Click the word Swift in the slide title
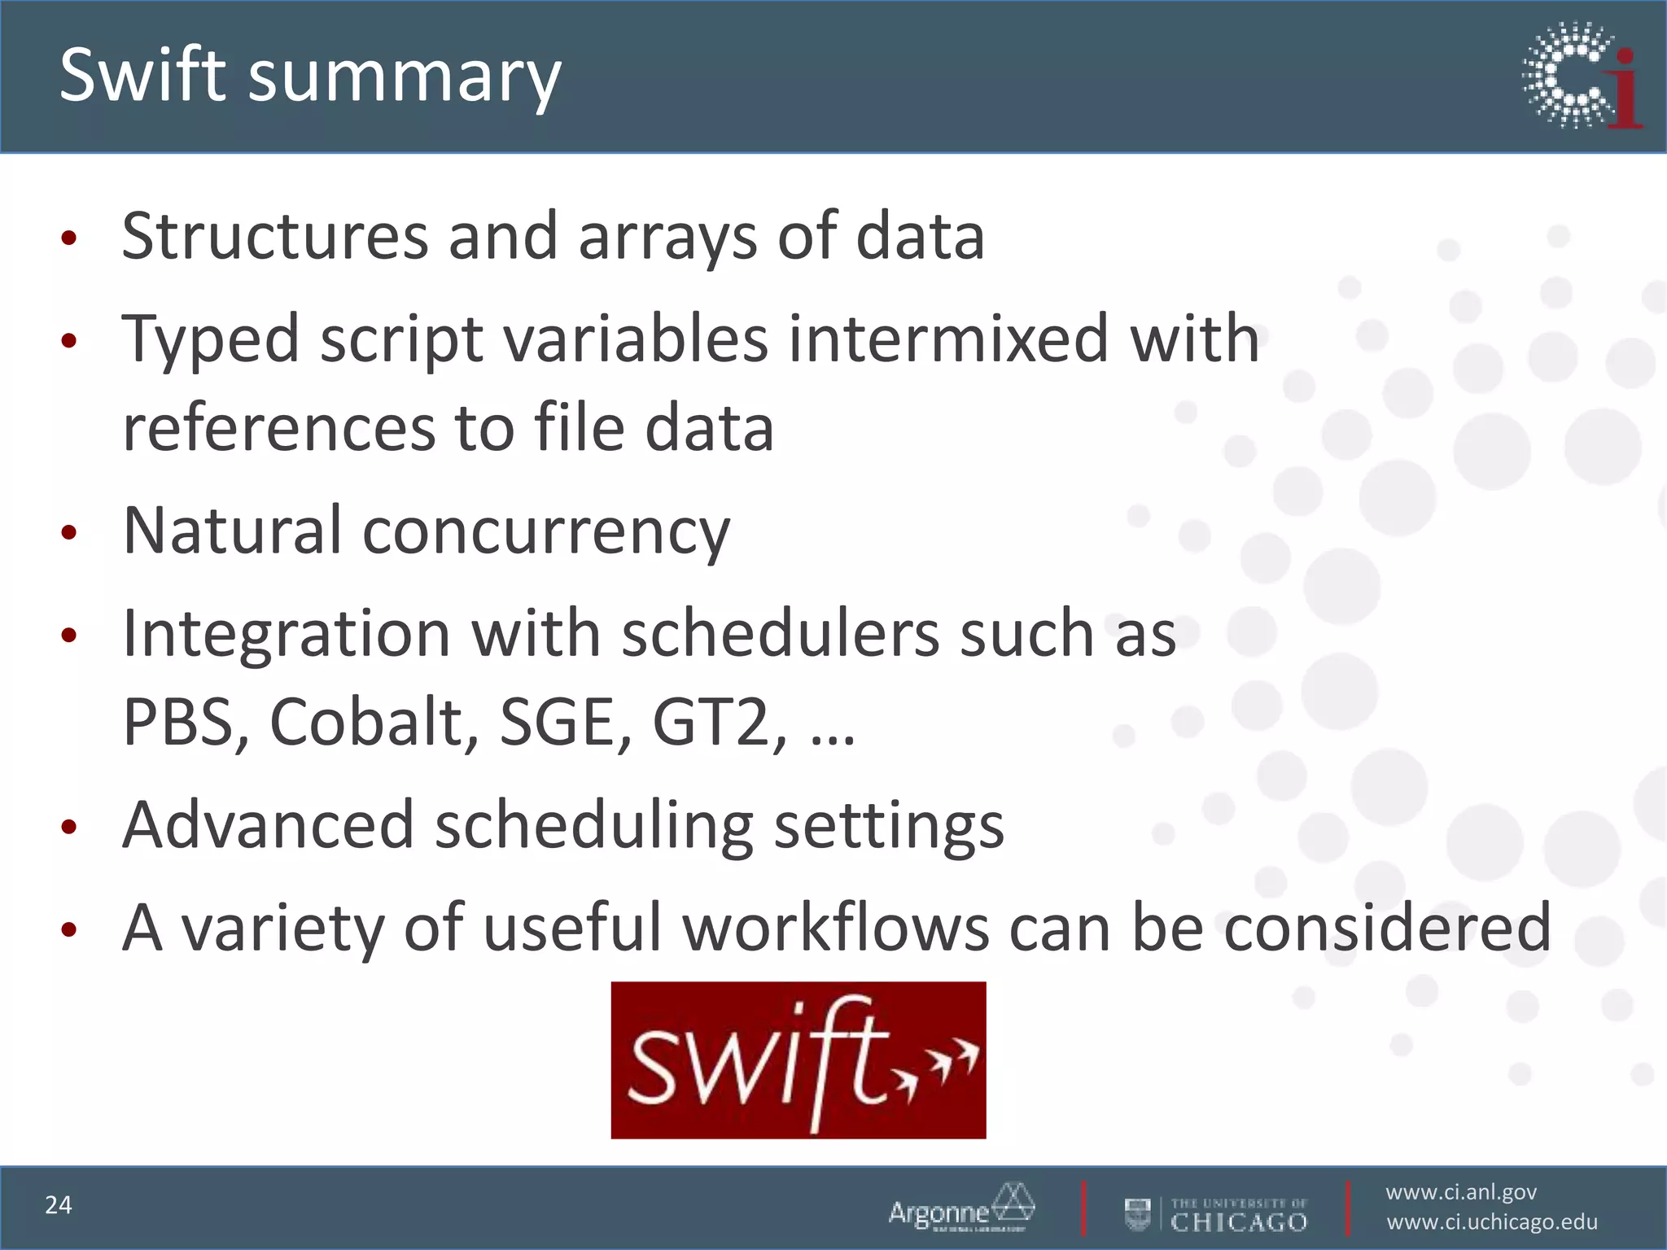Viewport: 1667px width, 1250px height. [x=142, y=75]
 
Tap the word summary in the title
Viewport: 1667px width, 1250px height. [x=404, y=78]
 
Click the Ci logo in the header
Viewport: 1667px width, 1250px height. [x=1582, y=76]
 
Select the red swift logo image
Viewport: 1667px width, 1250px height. [x=798, y=1060]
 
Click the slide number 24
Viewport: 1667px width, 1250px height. [x=59, y=1205]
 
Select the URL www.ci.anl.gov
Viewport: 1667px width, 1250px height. [x=1461, y=1192]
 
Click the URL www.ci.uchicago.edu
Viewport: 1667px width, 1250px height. [x=1492, y=1222]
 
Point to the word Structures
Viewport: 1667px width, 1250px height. [x=274, y=236]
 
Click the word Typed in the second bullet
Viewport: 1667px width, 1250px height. [x=211, y=340]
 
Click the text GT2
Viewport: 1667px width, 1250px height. [x=718, y=722]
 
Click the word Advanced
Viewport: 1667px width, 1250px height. [x=269, y=825]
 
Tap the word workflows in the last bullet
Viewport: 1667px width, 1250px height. [x=836, y=928]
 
